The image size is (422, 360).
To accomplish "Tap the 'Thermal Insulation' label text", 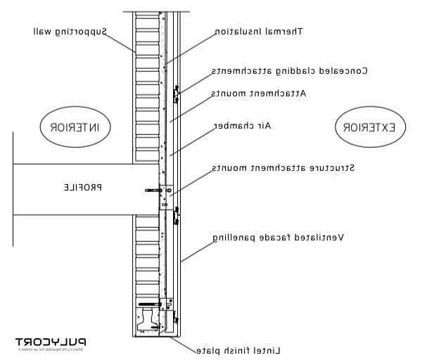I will (x=258, y=32).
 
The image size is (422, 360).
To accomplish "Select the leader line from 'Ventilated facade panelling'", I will (x=198, y=249).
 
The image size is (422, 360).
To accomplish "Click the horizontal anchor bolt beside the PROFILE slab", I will (x=151, y=190).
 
